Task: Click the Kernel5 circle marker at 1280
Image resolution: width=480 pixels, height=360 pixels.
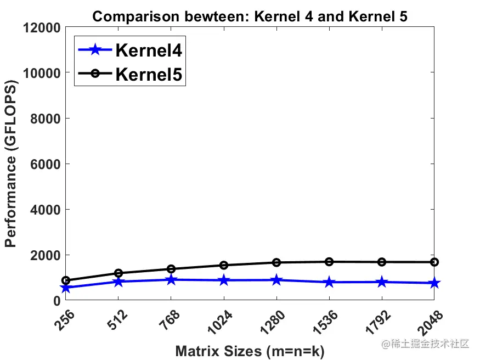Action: point(276,262)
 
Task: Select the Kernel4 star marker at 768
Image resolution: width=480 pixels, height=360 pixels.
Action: point(171,280)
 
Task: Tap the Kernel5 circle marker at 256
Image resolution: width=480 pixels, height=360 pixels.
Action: point(65,280)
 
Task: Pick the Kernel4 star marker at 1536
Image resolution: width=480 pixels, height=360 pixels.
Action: point(329,282)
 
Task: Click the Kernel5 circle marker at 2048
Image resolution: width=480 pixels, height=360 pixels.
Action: point(434,262)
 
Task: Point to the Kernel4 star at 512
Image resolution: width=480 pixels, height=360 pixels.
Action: point(118,282)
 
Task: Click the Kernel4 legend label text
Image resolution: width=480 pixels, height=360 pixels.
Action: point(148,50)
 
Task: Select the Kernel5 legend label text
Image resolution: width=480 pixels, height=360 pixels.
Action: point(148,74)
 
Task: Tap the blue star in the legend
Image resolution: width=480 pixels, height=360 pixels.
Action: point(94,50)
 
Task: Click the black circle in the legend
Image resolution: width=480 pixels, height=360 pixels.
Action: point(94,74)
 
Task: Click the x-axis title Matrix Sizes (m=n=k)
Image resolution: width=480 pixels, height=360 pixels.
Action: point(250,351)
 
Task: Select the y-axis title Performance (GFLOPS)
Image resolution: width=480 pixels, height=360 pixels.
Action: point(10,164)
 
